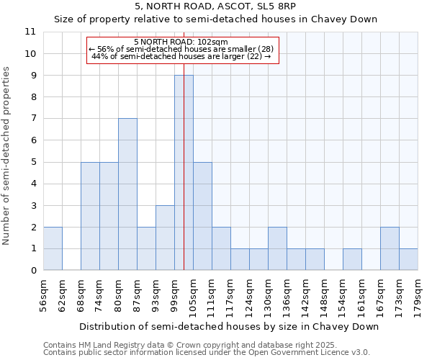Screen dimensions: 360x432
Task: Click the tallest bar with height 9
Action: click(184, 173)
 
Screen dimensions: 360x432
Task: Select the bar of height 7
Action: click(127, 194)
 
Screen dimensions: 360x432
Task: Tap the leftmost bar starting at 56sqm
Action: click(53, 248)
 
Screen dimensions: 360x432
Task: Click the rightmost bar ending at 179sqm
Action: click(408, 259)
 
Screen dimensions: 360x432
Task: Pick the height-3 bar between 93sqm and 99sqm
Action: click(165, 238)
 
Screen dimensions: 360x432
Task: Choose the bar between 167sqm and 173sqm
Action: click(390, 248)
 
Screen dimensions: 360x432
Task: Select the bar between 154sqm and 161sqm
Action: click(352, 259)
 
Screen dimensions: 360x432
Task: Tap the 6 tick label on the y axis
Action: click(33, 140)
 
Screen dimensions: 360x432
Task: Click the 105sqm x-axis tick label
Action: click(193, 294)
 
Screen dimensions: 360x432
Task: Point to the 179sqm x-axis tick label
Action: click(418, 294)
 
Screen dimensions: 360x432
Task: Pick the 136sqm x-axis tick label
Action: click(287, 294)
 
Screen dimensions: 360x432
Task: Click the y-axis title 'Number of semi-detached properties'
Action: click(7, 156)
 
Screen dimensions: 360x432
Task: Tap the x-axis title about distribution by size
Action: click(228, 326)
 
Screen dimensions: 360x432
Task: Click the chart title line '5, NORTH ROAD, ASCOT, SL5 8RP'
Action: click(216, 6)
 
